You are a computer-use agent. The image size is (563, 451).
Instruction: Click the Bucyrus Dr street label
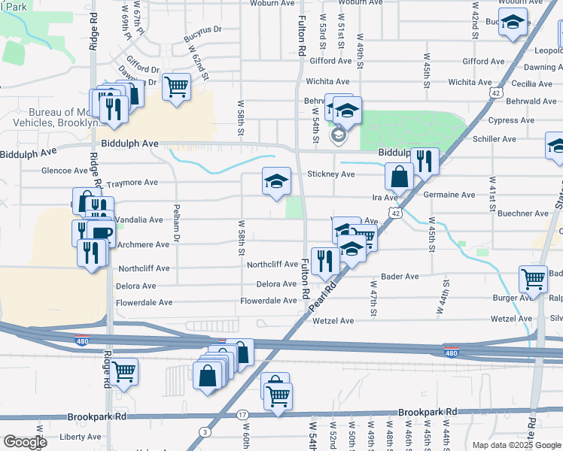click(x=206, y=29)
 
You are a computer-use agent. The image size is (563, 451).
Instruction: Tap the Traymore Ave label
click(x=132, y=183)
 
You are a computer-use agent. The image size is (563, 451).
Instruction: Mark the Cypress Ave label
click(x=511, y=120)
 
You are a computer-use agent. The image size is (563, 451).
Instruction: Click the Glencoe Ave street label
click(x=65, y=171)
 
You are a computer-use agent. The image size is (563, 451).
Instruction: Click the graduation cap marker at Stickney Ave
click(x=276, y=181)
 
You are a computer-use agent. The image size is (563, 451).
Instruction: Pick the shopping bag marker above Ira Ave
click(x=399, y=177)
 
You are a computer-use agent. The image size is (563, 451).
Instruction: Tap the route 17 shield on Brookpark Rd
click(x=242, y=415)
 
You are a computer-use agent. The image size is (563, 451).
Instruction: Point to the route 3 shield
click(x=205, y=431)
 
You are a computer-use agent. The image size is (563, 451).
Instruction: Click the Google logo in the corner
click(x=25, y=443)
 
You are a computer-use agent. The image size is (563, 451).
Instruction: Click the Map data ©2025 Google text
click(x=516, y=445)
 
